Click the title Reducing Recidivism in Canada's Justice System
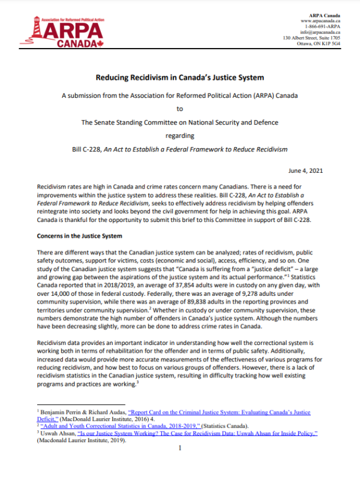pos(180,77)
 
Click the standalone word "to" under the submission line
pos(179,109)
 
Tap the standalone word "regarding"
pos(179,136)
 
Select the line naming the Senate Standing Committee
pos(180,122)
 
